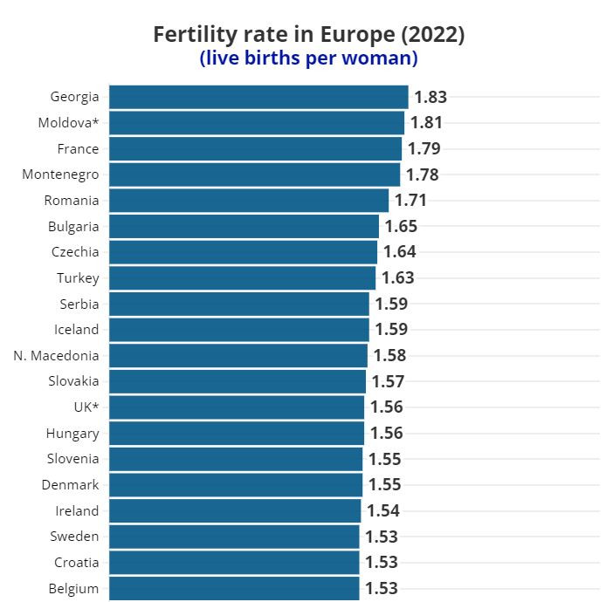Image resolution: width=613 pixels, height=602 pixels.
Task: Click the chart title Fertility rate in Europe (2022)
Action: [308, 34]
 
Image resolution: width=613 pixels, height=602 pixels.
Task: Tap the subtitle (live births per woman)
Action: [308, 58]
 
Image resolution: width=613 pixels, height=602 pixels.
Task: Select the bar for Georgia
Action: [258, 97]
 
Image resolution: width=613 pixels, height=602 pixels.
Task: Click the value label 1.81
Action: [426, 123]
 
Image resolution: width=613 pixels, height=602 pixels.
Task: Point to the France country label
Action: [78, 149]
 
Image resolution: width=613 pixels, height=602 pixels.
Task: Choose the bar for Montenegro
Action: [254, 174]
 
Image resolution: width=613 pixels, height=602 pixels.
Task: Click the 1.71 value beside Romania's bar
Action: [411, 201]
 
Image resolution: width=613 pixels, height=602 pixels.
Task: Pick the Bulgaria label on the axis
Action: [73, 227]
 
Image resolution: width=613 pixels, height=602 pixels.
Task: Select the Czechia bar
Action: [243, 252]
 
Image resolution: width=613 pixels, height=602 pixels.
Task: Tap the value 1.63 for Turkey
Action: [397, 278]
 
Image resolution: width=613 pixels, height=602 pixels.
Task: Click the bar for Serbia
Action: [239, 304]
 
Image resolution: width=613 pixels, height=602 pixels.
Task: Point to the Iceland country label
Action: [76, 330]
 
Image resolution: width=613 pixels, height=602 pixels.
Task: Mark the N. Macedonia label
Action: [57, 356]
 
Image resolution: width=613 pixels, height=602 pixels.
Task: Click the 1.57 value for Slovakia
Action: [388, 381]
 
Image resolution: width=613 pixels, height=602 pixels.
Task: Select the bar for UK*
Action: [237, 407]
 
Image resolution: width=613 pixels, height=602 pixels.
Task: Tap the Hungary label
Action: [72, 434]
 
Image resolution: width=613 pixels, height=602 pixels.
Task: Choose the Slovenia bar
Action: [236, 459]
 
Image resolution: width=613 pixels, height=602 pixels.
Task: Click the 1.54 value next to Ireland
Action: [383, 511]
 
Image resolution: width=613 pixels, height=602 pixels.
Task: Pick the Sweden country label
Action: [75, 537]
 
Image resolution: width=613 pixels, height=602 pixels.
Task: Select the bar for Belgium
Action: [234, 588]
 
